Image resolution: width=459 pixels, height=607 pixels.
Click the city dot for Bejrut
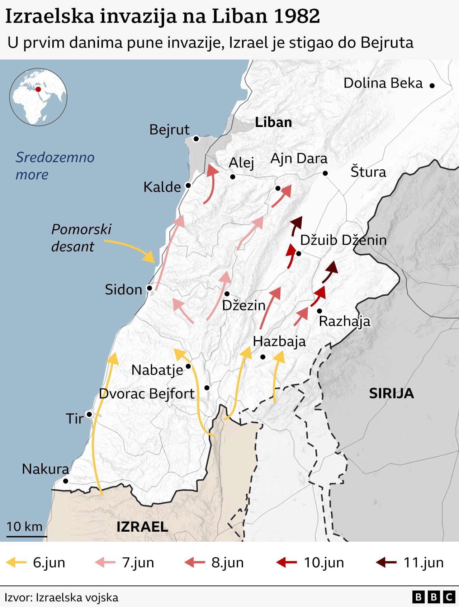pyautogui.click(x=196, y=139)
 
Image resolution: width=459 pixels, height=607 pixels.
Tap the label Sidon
pyautogui.click(x=123, y=290)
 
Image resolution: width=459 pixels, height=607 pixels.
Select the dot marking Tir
pyautogui.click(x=89, y=414)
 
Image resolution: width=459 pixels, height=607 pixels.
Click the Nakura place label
pyautogui.click(x=45, y=469)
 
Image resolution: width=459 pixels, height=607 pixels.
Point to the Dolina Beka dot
pyautogui.click(x=432, y=85)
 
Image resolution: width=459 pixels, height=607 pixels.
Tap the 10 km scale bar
pyautogui.click(x=27, y=536)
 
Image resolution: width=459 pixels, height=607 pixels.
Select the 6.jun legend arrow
pyautogui.click(x=16, y=562)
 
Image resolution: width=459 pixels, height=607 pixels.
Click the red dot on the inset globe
pyautogui.click(x=38, y=89)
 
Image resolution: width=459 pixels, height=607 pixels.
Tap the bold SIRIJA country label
pyautogui.click(x=391, y=394)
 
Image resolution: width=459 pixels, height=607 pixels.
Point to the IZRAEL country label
pyautogui.click(x=142, y=527)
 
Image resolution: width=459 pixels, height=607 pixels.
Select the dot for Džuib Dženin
pyautogui.click(x=298, y=254)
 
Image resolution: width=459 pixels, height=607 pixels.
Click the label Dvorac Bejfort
pyautogui.click(x=146, y=394)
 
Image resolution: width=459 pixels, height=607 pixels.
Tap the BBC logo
pyautogui.click(x=433, y=597)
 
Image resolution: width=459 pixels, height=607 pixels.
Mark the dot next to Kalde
pyautogui.click(x=188, y=185)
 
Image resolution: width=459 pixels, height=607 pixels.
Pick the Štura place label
pyautogui.click(x=368, y=172)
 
